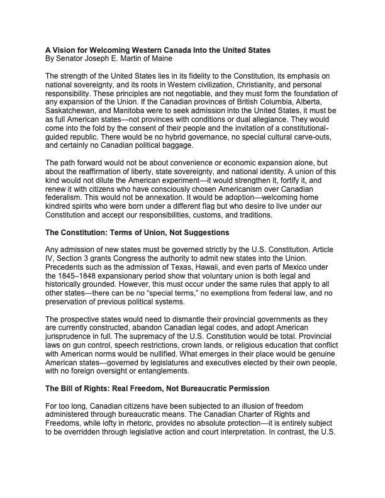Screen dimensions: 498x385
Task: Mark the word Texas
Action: pos(180,268)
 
